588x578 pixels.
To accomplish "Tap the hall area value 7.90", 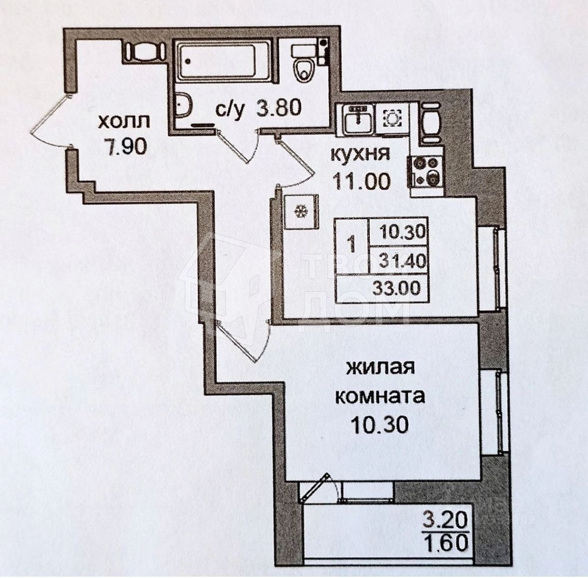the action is (x=125, y=146).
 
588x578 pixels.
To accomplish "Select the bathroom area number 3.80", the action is (x=279, y=108).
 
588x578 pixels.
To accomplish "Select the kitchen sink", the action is (x=358, y=119).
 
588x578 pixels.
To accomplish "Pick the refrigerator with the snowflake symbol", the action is (x=301, y=211).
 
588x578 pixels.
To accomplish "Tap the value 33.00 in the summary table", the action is (x=397, y=288).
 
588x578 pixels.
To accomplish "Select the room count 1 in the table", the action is (x=352, y=245).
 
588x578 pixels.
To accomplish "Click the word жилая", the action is (x=380, y=368).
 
